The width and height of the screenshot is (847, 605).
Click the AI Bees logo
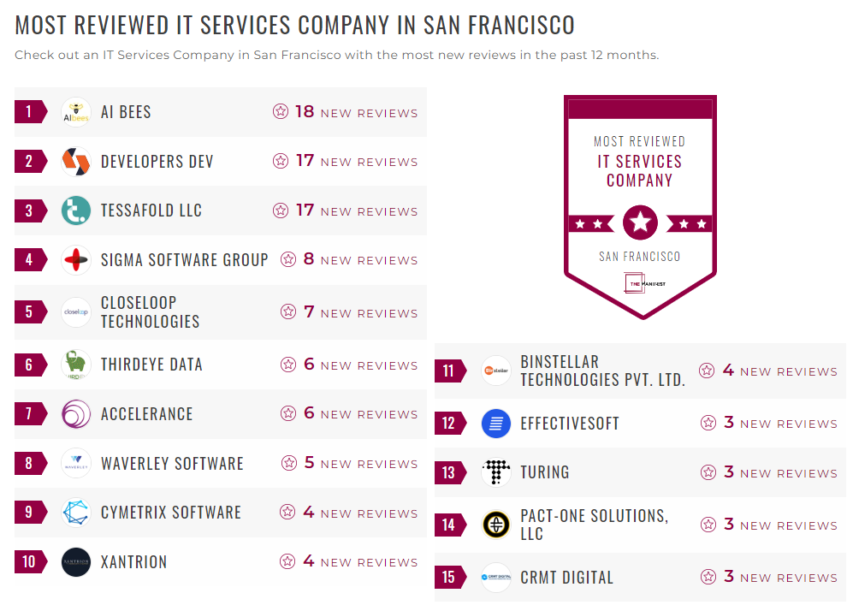(x=76, y=112)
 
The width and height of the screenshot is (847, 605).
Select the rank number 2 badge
(x=29, y=162)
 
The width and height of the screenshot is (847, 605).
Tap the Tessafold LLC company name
(x=151, y=211)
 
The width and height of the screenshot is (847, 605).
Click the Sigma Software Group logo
(x=76, y=260)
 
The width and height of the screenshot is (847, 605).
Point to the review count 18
(x=305, y=111)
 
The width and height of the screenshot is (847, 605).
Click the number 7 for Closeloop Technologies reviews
(x=310, y=311)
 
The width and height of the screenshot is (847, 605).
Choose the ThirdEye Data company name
(x=151, y=365)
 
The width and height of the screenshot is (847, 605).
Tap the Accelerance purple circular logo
(x=76, y=414)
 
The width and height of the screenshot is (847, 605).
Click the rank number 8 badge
(x=29, y=464)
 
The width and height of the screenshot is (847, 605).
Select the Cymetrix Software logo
(x=76, y=513)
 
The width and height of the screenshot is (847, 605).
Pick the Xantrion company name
(x=133, y=562)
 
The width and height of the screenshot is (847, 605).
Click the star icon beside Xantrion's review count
(x=288, y=562)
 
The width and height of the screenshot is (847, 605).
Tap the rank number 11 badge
(x=449, y=371)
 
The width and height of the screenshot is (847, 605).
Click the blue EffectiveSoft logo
(x=496, y=424)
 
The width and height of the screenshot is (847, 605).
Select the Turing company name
(x=544, y=472)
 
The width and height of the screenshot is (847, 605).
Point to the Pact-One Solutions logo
(x=496, y=525)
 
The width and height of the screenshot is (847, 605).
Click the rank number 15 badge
(x=449, y=578)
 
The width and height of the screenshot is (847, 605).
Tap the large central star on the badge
(x=640, y=223)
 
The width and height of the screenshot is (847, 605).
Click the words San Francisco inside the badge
(x=640, y=257)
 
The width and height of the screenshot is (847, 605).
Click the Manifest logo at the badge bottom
(x=640, y=283)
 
